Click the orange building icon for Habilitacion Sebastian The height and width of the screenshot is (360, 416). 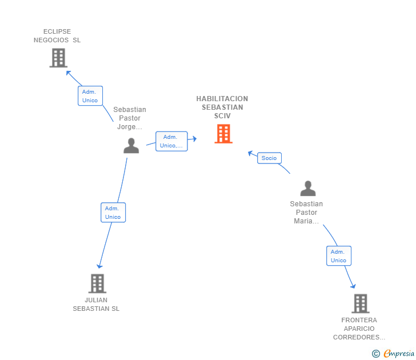[x=223, y=134]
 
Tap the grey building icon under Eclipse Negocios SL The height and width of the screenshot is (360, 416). [x=58, y=58]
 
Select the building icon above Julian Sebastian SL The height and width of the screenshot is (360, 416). [x=97, y=283]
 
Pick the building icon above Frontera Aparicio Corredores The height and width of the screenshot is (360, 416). [x=361, y=303]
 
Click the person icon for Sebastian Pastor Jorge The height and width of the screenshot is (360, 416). [x=131, y=146]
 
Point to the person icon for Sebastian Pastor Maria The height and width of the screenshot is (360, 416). [x=308, y=189]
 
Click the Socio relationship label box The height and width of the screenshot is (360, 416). [x=269, y=158]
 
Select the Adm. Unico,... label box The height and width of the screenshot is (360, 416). [x=171, y=141]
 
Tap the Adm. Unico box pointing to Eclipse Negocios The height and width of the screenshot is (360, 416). [x=90, y=96]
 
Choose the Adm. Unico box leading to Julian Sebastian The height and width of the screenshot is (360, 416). [x=113, y=213]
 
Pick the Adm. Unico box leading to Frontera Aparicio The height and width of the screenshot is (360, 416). [x=338, y=256]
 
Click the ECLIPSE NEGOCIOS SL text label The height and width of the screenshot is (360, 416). [x=57, y=36]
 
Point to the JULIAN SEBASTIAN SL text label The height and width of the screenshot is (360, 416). [x=96, y=305]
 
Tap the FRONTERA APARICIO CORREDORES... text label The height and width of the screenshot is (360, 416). [x=359, y=329]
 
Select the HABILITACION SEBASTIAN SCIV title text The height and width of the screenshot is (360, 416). [x=222, y=107]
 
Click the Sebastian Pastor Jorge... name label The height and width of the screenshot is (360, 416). [x=130, y=118]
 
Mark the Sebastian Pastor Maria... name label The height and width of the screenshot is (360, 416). [x=306, y=212]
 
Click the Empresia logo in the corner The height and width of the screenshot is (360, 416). [x=393, y=353]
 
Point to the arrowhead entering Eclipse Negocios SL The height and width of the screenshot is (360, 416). [x=69, y=73]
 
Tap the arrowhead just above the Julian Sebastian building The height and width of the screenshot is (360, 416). [x=99, y=266]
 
